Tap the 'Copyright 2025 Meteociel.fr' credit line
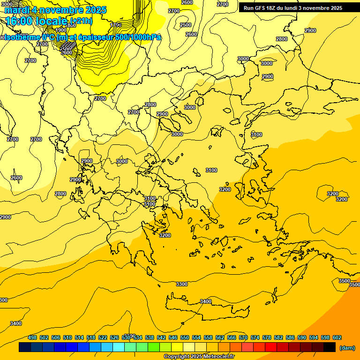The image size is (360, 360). point(199,357)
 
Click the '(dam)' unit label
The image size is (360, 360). point(347,348)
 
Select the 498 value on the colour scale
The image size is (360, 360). point(32,337)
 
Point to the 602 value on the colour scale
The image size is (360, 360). point(337,337)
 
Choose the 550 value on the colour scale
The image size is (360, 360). point(185,337)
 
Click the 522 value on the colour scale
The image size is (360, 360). point(103,337)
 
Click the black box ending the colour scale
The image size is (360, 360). point(330,347)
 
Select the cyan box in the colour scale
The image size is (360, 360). point(119,347)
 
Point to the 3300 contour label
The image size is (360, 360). point(182,285)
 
